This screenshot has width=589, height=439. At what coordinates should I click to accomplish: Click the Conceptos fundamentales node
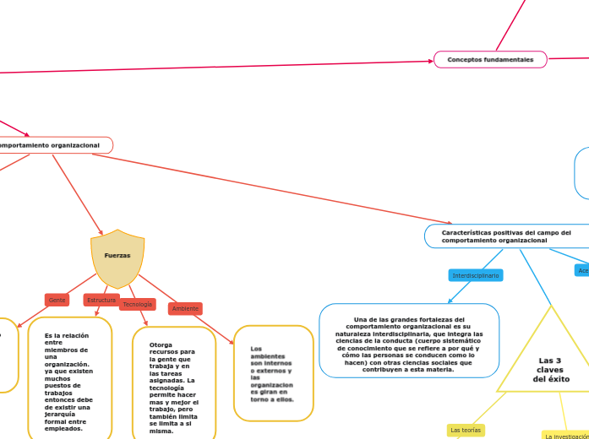(x=490, y=60)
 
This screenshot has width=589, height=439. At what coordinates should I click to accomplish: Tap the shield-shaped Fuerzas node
(x=117, y=257)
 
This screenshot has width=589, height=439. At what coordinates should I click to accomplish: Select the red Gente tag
(x=57, y=300)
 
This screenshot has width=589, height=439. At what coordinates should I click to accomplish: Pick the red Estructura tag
(x=101, y=300)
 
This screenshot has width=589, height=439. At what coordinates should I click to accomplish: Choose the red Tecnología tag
(x=138, y=304)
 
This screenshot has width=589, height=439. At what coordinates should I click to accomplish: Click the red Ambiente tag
(x=185, y=308)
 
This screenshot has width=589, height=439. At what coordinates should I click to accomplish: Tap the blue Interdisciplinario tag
(x=476, y=275)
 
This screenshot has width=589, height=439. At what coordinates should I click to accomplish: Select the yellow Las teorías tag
(x=466, y=430)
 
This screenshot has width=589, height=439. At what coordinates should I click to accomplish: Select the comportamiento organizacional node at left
(x=51, y=145)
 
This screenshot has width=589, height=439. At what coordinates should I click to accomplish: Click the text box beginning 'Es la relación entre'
(x=69, y=381)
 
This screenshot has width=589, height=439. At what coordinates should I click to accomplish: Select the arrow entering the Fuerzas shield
(x=78, y=193)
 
